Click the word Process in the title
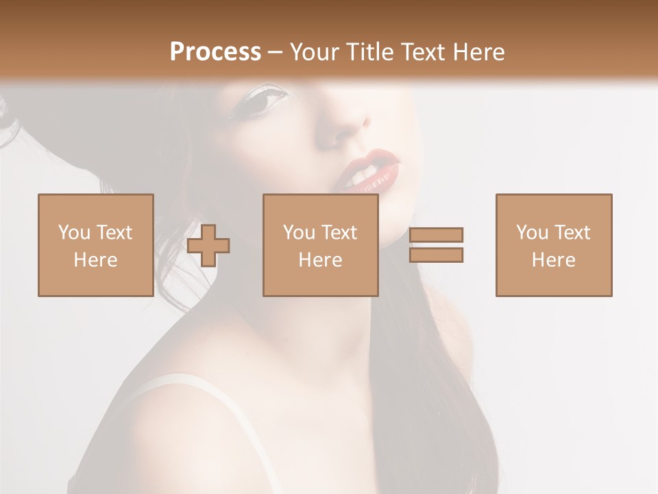(x=215, y=51)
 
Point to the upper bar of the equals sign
(x=436, y=235)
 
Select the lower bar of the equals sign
(x=436, y=255)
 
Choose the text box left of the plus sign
(x=95, y=245)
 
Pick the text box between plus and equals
(x=320, y=245)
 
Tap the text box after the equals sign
(x=553, y=245)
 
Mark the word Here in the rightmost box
(x=553, y=260)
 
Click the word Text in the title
(x=425, y=51)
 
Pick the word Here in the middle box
(x=320, y=260)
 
